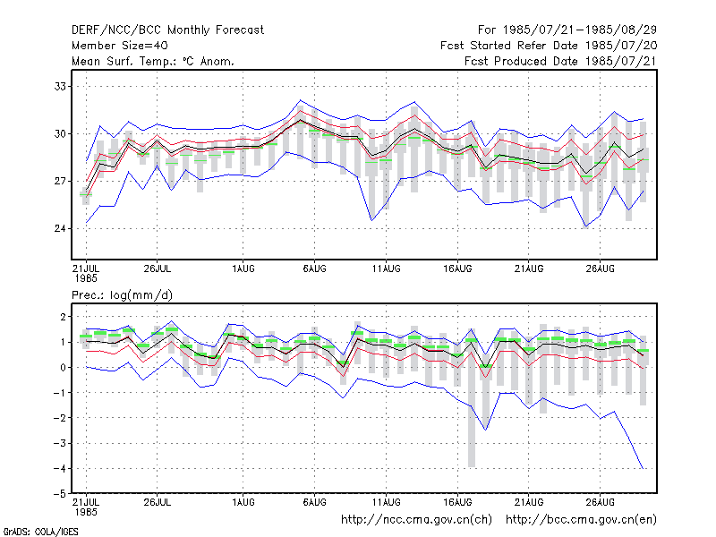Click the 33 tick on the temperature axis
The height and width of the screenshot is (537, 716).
(x=60, y=86)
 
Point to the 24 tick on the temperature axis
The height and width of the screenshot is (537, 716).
(x=60, y=228)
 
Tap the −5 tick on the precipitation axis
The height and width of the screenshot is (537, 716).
(x=59, y=494)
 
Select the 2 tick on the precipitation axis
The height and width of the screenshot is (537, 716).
(x=63, y=317)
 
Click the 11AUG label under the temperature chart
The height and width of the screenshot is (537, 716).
(x=386, y=268)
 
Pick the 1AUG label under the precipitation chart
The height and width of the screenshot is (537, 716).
(x=243, y=502)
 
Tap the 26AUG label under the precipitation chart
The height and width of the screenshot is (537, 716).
(x=600, y=502)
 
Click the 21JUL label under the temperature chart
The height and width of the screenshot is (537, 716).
(x=86, y=268)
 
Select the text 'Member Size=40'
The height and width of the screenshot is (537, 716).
(x=120, y=46)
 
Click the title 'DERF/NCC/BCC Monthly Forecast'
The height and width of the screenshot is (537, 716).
(x=167, y=30)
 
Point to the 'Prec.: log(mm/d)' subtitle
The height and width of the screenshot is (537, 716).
(x=122, y=295)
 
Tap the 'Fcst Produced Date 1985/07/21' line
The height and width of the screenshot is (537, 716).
(x=561, y=61)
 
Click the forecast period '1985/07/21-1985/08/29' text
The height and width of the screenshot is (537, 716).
(x=580, y=30)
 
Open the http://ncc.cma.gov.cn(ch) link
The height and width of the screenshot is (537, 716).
(x=416, y=520)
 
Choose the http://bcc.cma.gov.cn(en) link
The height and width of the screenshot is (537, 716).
(x=581, y=520)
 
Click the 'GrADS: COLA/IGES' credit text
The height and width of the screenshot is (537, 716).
(x=40, y=532)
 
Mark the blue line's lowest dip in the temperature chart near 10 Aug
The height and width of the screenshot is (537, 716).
(x=371, y=221)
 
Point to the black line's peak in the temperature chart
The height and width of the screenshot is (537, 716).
(x=301, y=120)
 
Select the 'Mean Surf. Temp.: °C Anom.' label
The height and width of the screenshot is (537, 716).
(x=153, y=61)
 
